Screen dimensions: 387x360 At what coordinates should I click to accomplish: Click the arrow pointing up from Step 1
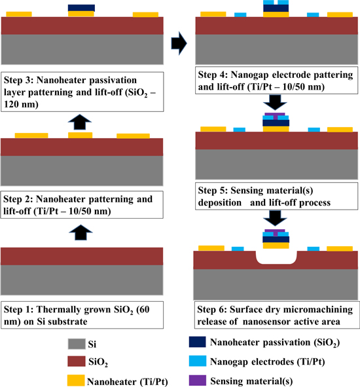[x=81, y=230]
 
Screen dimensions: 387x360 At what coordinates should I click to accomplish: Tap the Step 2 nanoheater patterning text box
[x=81, y=204]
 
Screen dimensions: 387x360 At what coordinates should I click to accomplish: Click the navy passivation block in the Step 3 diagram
[x=81, y=8]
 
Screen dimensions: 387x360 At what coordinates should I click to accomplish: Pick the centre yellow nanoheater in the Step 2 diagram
[x=81, y=136]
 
